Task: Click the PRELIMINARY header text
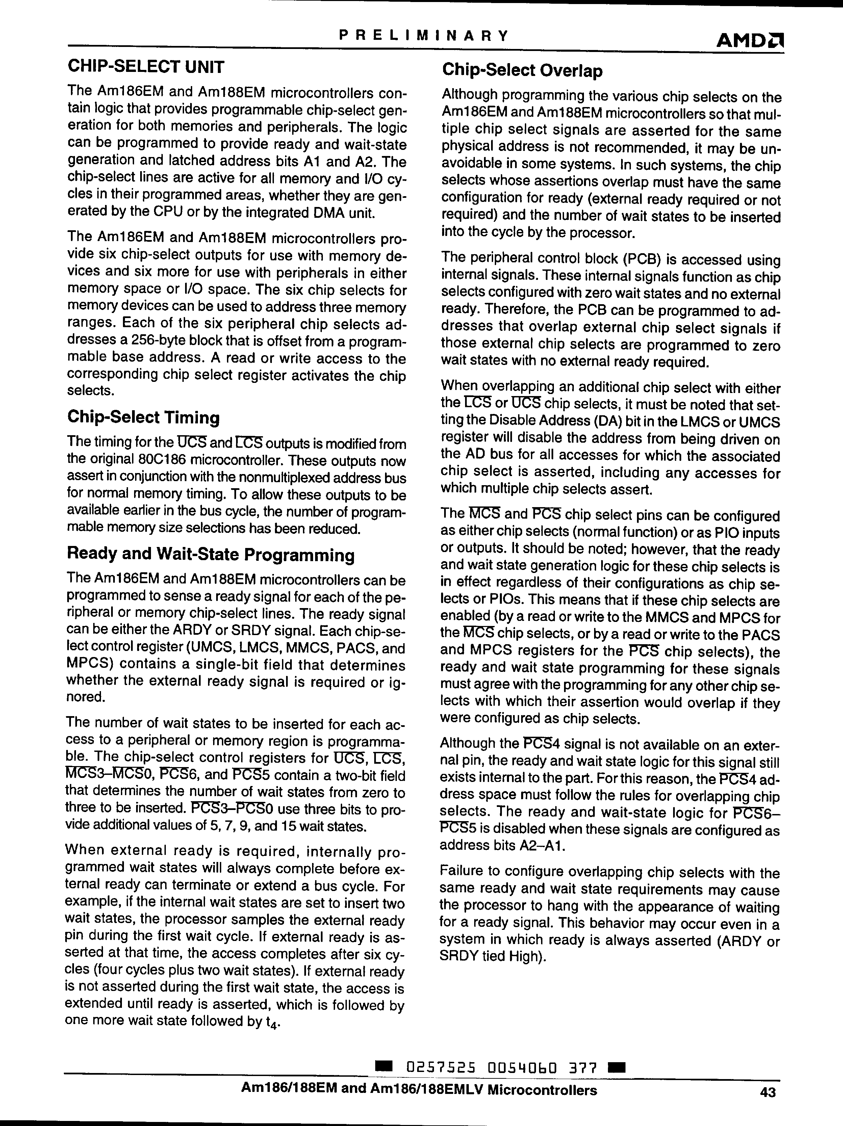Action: click(424, 35)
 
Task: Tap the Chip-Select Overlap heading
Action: click(522, 70)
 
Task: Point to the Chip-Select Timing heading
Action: click(144, 417)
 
